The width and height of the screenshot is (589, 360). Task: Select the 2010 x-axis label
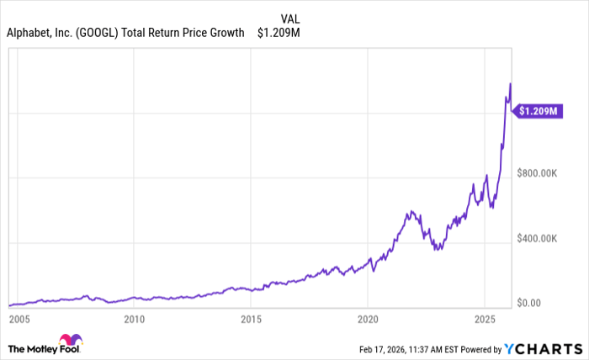point(134,320)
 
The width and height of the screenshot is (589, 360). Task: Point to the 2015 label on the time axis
point(250,320)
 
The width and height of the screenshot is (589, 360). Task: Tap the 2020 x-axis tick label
point(367,320)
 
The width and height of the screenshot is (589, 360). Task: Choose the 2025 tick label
point(484,320)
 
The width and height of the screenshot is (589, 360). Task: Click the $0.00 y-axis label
point(534,303)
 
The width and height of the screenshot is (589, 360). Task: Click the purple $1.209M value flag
point(539,109)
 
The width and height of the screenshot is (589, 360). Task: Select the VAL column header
point(289,18)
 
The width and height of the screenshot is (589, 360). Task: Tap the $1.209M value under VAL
point(278,33)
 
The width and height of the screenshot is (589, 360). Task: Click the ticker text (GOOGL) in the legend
point(100,33)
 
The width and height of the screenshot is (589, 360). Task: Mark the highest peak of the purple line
point(510,83)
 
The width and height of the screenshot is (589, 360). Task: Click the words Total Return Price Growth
point(183,33)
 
